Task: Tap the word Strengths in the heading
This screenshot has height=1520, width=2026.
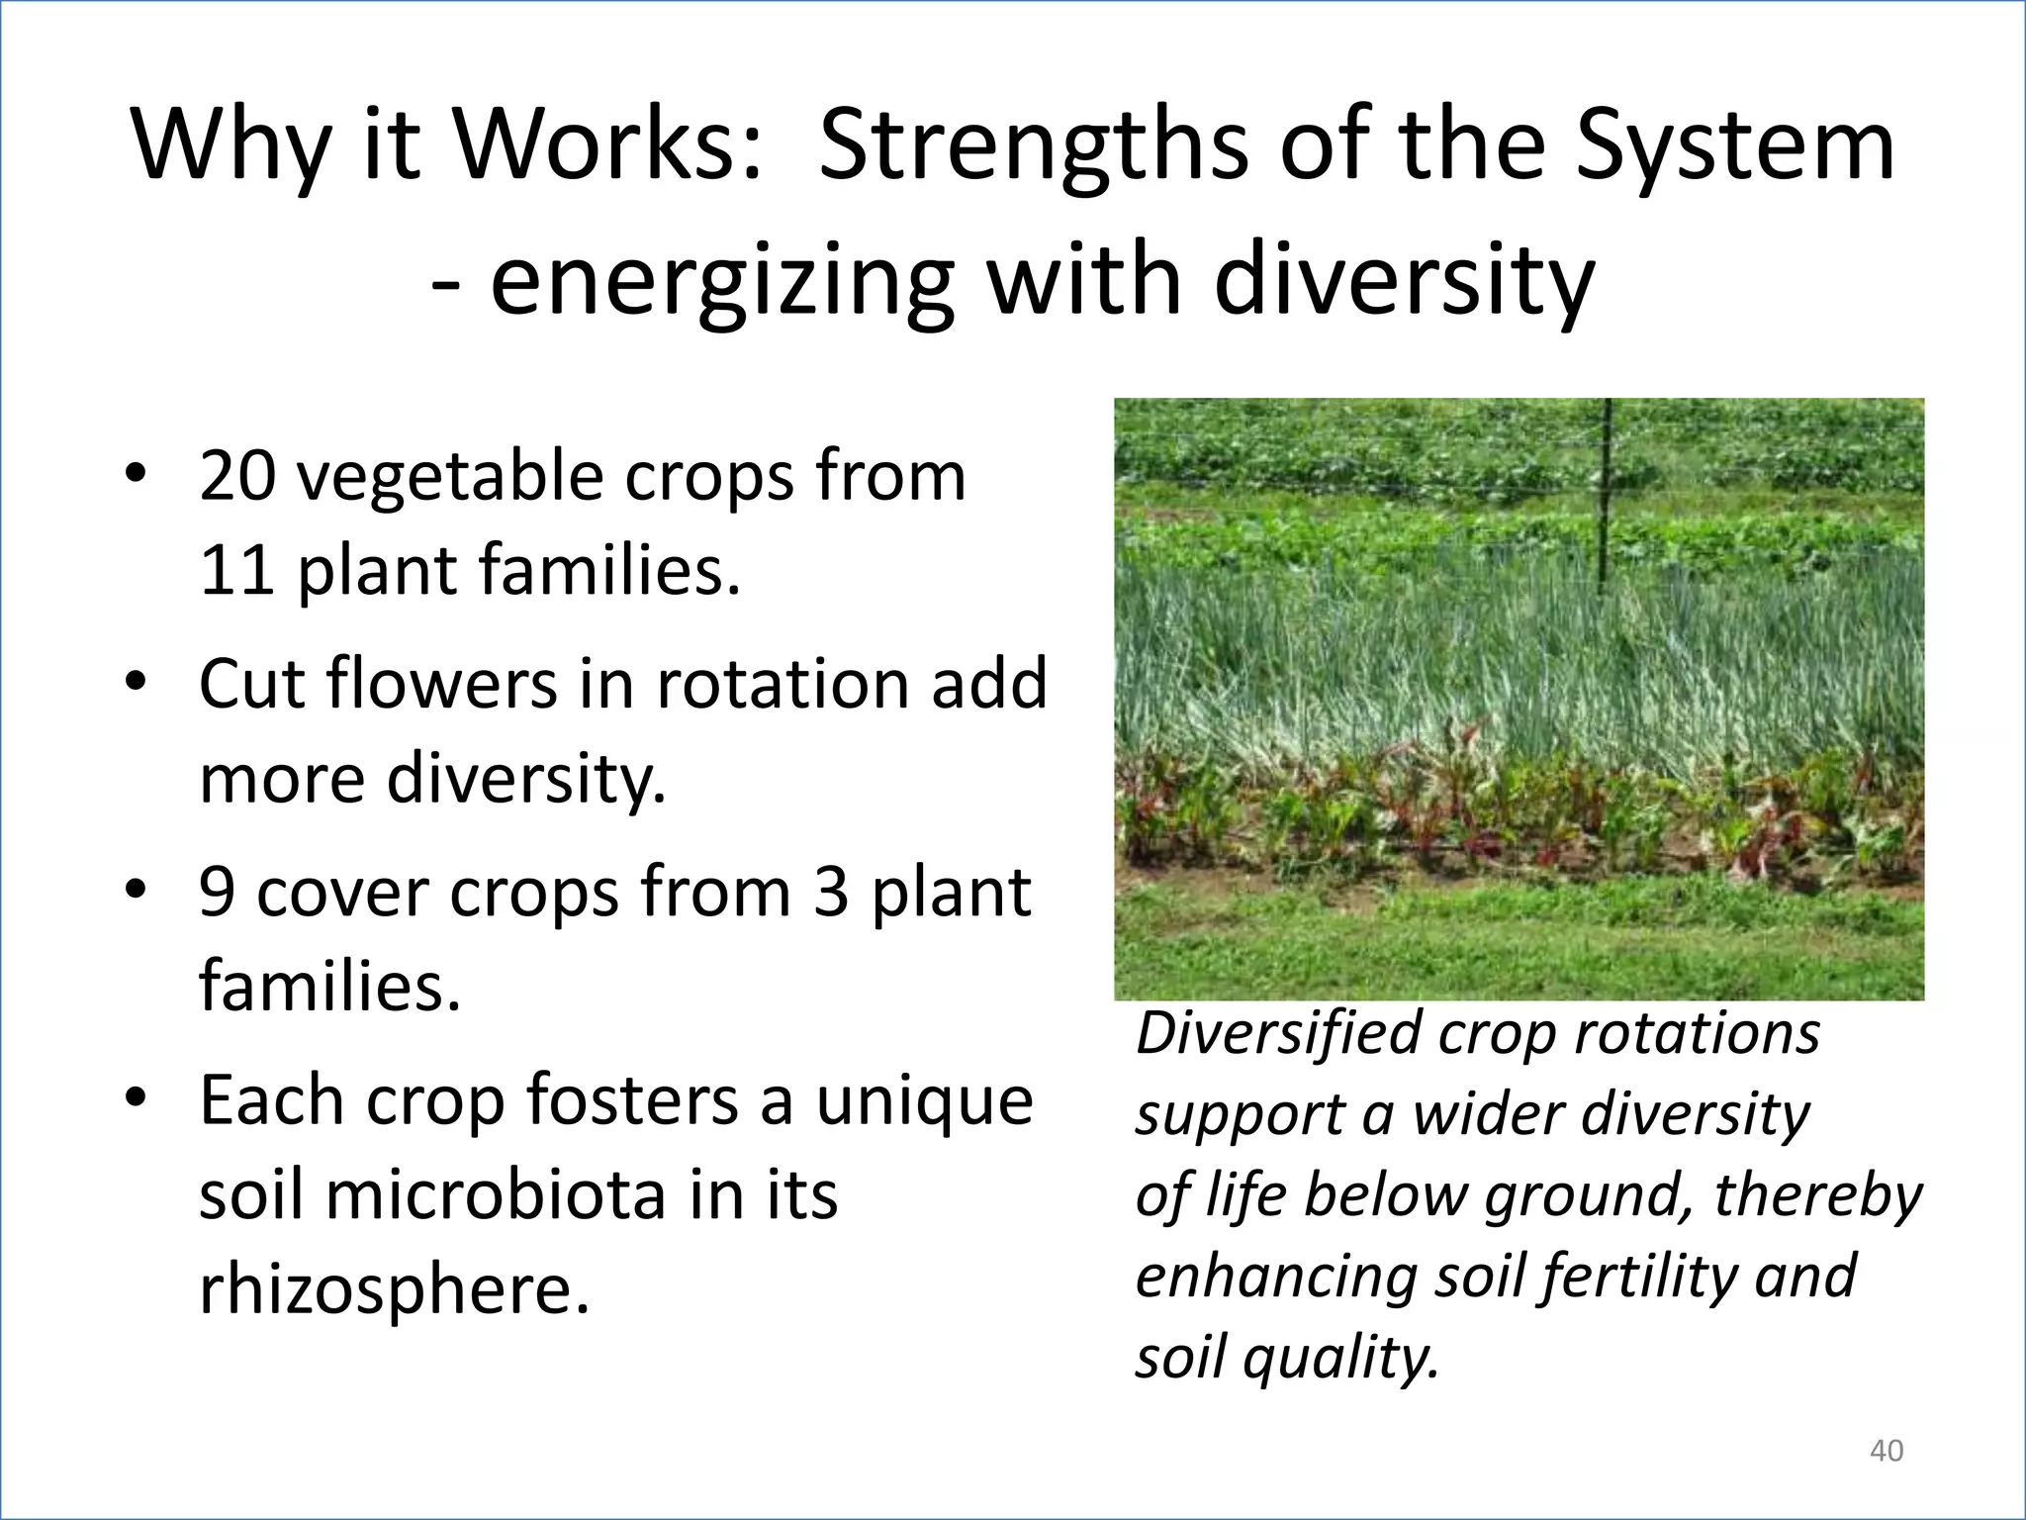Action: coord(1034,146)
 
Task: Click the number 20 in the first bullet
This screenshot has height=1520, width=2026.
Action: coord(237,477)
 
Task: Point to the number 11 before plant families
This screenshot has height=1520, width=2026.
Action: coord(236,571)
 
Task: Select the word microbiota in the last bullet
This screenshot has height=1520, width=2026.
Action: coord(495,1195)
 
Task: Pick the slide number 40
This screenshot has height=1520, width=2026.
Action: coord(1886,1451)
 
